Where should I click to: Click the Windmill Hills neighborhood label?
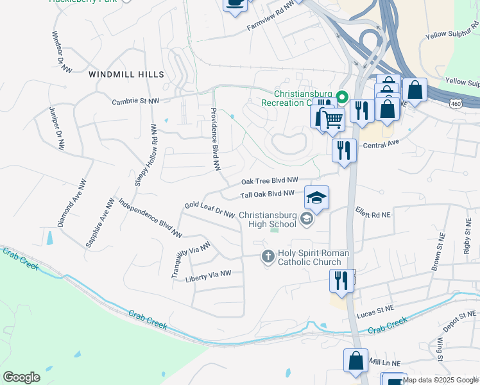point(126,74)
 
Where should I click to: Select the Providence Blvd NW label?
point(216,139)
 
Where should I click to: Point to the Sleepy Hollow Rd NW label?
point(146,155)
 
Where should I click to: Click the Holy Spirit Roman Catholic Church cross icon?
point(268,257)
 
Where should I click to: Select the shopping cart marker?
point(332,119)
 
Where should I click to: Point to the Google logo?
point(21,377)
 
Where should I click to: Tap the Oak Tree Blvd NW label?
point(270,181)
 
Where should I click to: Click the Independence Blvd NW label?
point(151,220)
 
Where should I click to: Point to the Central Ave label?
point(382,146)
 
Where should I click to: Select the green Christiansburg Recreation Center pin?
point(342,98)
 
